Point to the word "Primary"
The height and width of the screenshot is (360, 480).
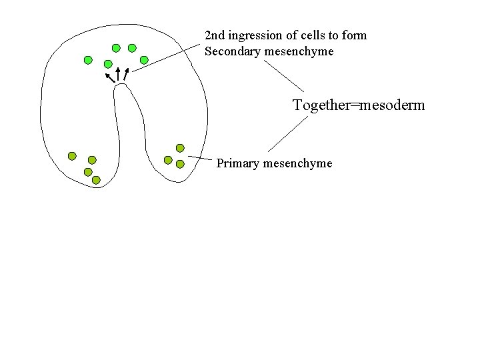[238, 163]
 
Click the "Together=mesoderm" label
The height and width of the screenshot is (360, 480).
[359, 105]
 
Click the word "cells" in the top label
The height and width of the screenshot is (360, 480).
[311, 35]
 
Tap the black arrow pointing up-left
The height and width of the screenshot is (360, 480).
[109, 77]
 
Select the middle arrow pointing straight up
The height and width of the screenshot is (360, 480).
[118, 74]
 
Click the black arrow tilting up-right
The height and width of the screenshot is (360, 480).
[126, 73]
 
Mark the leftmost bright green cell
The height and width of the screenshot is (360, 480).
[88, 60]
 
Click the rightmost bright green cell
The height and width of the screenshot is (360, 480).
[144, 60]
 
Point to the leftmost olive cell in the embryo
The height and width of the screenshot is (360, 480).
[72, 156]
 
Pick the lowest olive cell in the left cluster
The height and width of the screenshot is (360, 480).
[96, 180]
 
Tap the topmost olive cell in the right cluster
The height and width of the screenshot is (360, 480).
[180, 148]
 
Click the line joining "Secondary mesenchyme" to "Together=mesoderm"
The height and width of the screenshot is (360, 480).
[283, 75]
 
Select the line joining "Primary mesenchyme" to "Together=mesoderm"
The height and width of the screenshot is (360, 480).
[288, 133]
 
